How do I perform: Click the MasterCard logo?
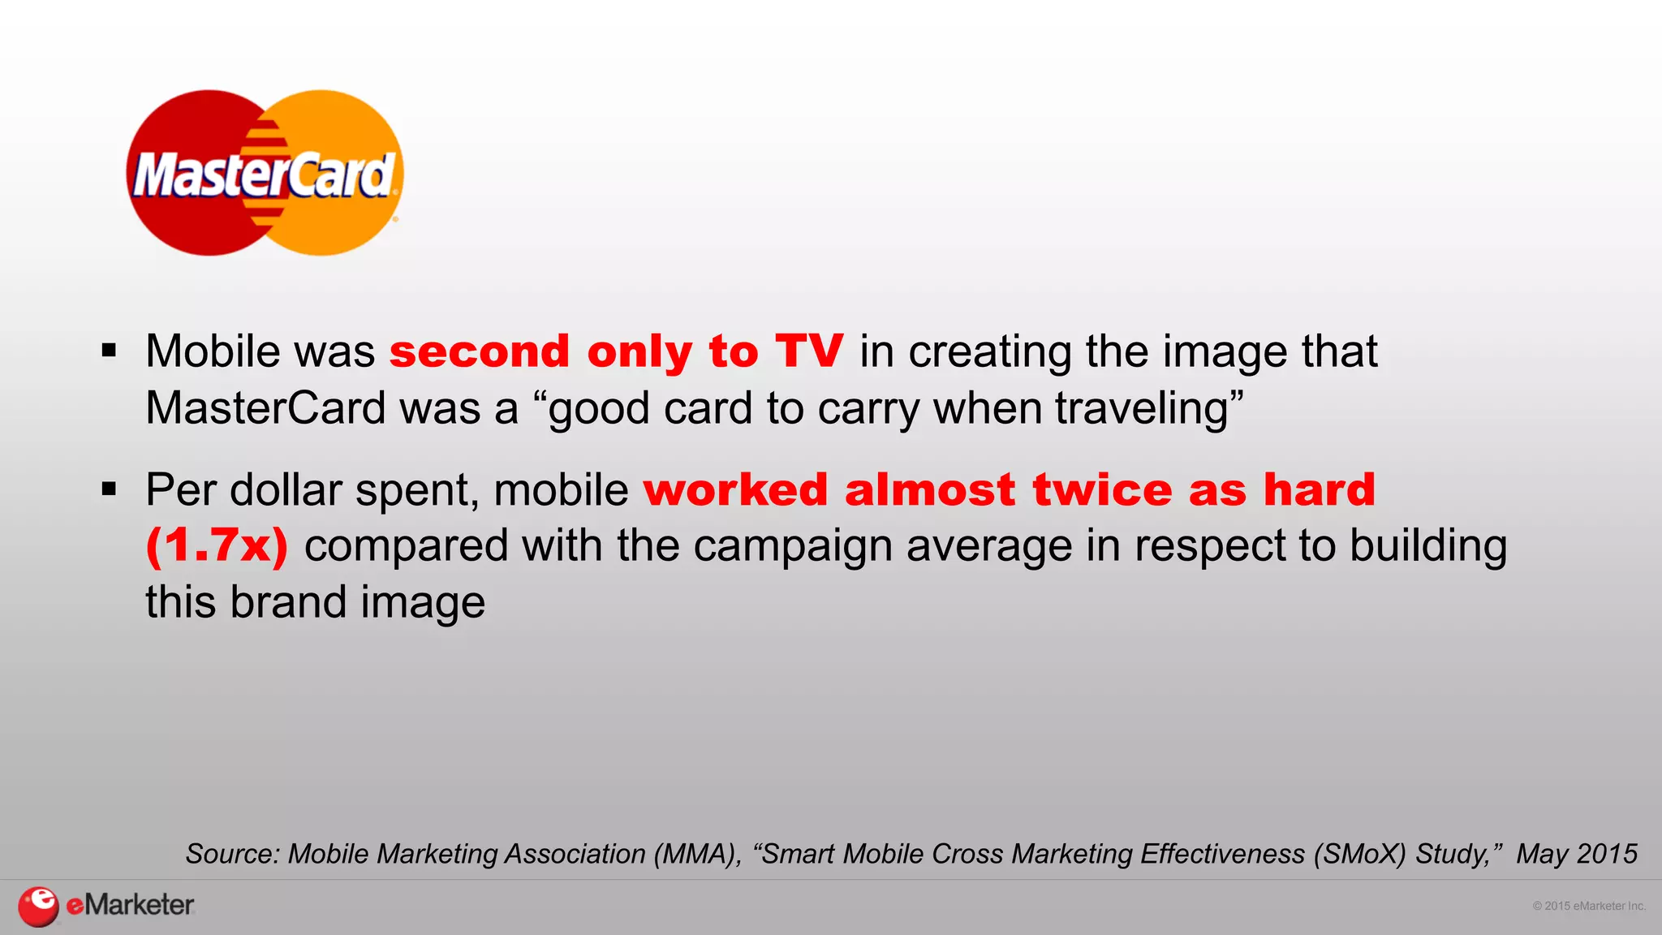tap(265, 173)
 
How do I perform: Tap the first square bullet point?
tap(110, 351)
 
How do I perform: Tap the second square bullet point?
tap(110, 489)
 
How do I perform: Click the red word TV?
tap(809, 351)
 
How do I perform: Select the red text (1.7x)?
tap(217, 545)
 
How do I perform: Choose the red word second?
tap(480, 352)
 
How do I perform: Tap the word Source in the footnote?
tap(232, 854)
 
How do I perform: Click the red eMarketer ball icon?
tap(38, 906)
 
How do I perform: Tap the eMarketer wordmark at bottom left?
tap(130, 905)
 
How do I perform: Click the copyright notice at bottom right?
tap(1588, 906)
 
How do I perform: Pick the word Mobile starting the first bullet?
tap(213, 351)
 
